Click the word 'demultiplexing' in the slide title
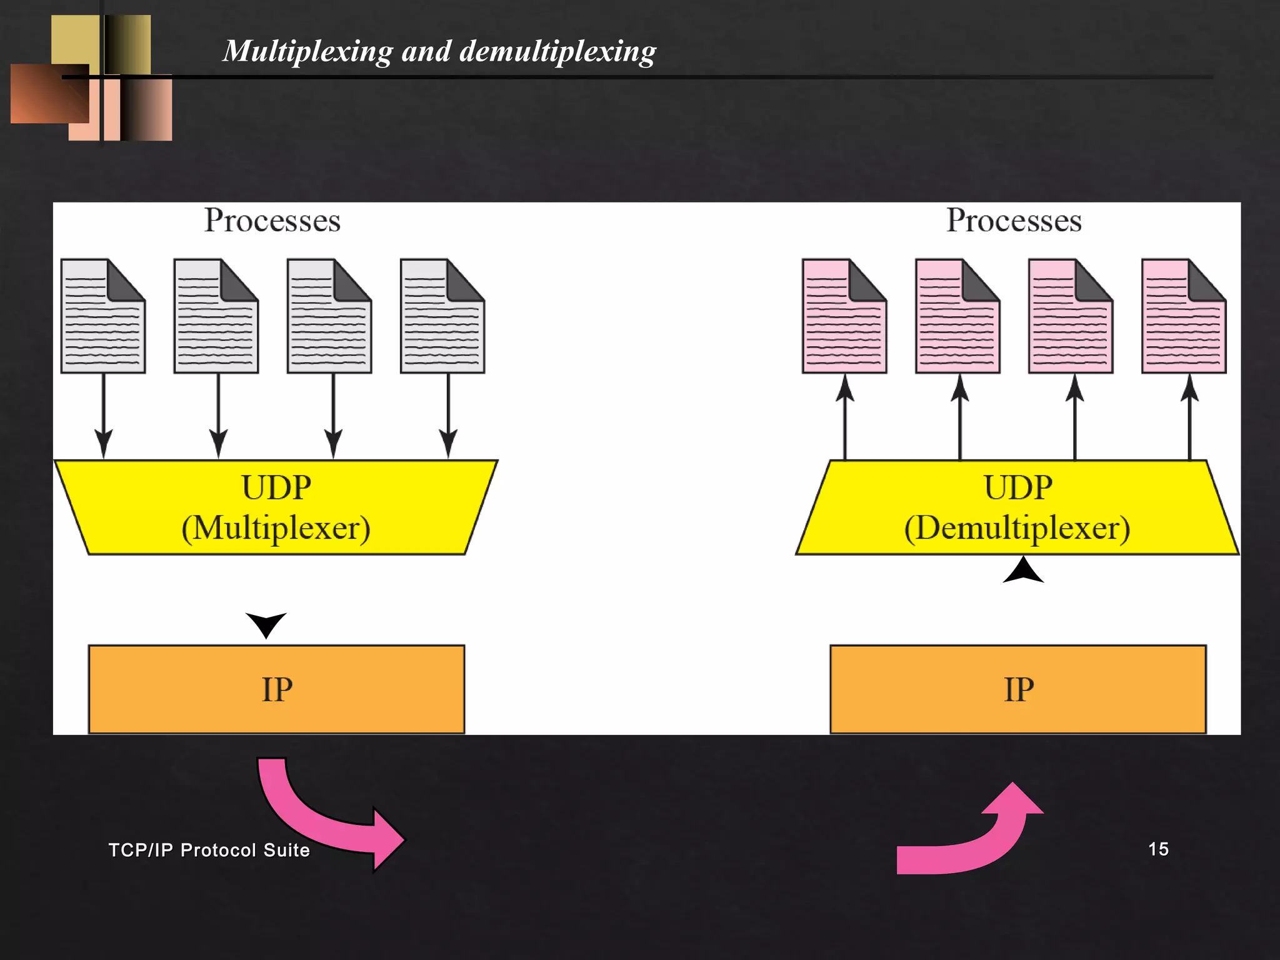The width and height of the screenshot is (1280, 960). click(x=557, y=51)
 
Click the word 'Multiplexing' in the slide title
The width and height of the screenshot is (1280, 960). click(x=307, y=51)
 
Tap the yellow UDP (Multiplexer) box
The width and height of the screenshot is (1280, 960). click(x=276, y=507)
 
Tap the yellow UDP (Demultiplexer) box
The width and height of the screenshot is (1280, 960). click(x=1017, y=507)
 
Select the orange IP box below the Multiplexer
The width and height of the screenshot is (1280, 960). click(x=276, y=689)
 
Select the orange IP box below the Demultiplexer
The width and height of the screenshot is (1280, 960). click(x=1018, y=689)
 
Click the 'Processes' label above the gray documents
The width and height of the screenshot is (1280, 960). click(x=272, y=220)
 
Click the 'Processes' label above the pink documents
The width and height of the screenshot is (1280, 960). click(x=1014, y=220)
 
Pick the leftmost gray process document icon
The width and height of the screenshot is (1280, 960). click(x=103, y=316)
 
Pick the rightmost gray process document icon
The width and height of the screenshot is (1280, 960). click(x=442, y=316)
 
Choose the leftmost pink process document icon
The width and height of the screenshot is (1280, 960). click(x=844, y=316)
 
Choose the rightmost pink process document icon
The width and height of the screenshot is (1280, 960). click(x=1184, y=316)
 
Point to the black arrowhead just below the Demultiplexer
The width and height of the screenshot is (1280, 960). click(x=1023, y=571)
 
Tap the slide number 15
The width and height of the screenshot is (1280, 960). click(x=1158, y=849)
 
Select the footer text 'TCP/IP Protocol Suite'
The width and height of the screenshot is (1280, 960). click(x=209, y=850)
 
